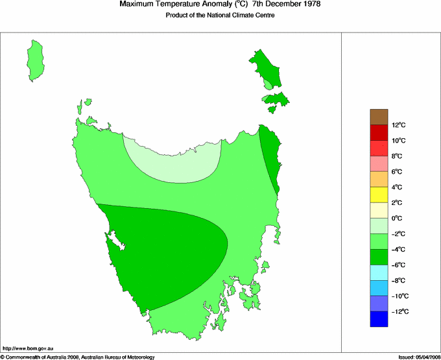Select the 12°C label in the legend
pyautogui.click(x=398, y=125)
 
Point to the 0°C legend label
pyautogui.click(x=398, y=219)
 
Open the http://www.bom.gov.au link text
pyautogui.click(x=28, y=349)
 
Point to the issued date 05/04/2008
pyautogui.click(x=425, y=357)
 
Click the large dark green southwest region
pyautogui.click(x=169, y=253)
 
